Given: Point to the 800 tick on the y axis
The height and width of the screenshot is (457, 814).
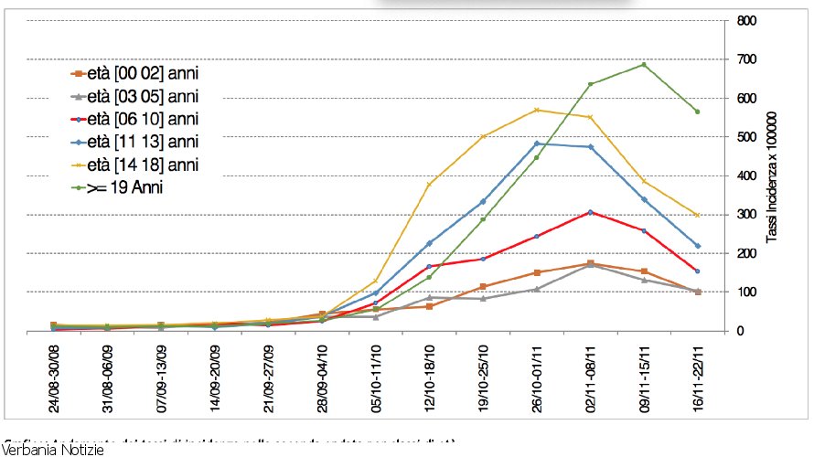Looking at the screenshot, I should point(744,21).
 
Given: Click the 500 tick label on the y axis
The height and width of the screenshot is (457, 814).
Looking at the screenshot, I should point(744,137).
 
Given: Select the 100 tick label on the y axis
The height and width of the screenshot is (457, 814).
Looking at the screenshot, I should point(744,292).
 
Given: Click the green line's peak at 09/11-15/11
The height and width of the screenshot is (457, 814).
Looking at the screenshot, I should point(644,65).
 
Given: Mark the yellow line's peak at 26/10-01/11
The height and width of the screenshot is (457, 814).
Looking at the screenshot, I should point(536,111).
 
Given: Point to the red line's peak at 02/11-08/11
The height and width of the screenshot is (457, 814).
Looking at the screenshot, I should point(590,212).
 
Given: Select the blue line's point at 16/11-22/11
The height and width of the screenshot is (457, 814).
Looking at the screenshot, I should point(697,246).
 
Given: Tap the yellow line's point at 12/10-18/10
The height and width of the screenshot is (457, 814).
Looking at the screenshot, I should point(429,185).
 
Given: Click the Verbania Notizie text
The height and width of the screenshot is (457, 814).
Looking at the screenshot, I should point(53,450).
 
